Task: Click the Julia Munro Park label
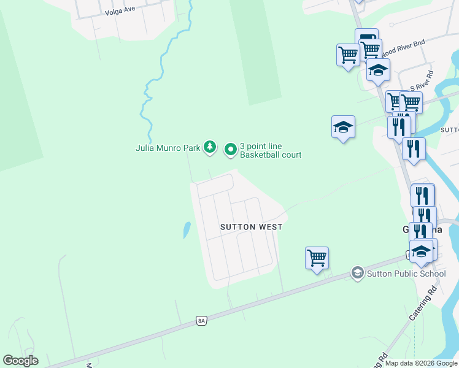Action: (168, 147)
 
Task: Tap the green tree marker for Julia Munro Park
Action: (210, 147)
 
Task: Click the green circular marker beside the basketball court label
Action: (231, 148)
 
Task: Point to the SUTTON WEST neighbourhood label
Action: (252, 227)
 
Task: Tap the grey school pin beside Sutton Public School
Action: (357, 273)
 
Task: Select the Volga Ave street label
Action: (120, 12)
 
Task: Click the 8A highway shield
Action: (201, 320)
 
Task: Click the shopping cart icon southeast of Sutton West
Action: (317, 258)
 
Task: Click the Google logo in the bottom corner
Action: (20, 361)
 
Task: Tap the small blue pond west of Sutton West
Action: (186, 231)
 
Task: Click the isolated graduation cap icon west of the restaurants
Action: (343, 127)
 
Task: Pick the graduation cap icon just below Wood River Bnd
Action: (378, 70)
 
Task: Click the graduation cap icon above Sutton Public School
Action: (421, 250)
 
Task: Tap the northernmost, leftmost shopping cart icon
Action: (348, 55)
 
